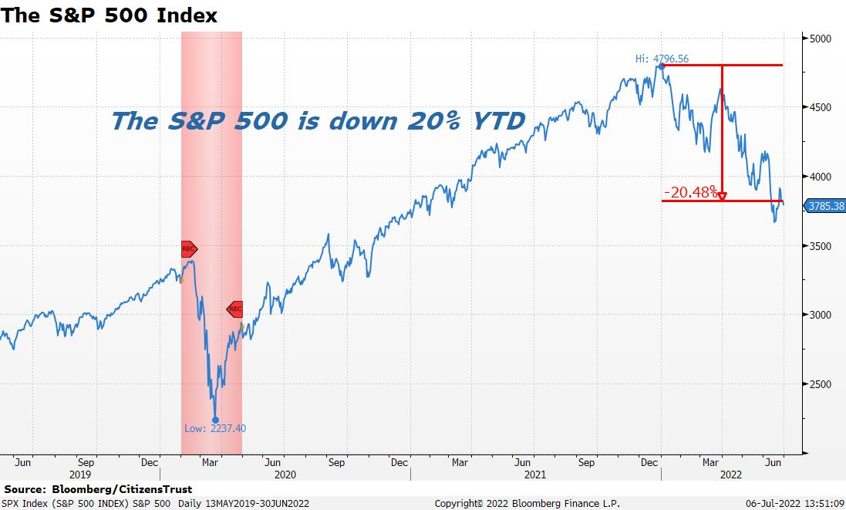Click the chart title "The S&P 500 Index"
click(109, 15)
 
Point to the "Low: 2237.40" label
click(215, 428)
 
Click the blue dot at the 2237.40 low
click(215, 420)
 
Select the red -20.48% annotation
click(691, 191)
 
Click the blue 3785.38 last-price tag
click(824, 205)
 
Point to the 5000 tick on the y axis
click(818, 38)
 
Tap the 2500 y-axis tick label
click(818, 384)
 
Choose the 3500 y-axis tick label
click(818, 245)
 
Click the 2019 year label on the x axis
click(80, 475)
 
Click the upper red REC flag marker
click(189, 248)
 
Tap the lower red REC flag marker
click(234, 309)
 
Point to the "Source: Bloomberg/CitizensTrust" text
click(98, 489)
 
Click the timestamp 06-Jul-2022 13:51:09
click(794, 503)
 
